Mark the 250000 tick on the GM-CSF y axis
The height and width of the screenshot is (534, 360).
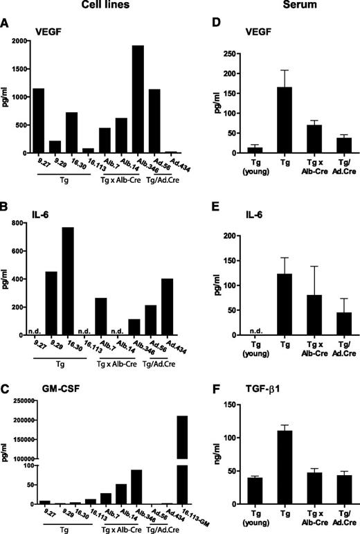click(x=17, y=401)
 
